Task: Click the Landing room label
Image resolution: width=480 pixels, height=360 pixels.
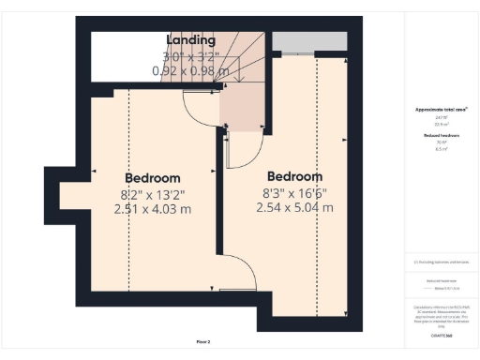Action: (x=190, y=40)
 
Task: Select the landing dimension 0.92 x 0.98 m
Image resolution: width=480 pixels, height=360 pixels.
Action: (x=190, y=70)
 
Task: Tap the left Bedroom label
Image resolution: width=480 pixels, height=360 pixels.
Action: (x=152, y=178)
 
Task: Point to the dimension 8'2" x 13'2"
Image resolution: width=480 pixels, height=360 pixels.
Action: (x=152, y=194)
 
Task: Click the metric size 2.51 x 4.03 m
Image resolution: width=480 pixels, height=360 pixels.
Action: (x=152, y=210)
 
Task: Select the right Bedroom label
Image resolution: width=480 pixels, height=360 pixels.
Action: (x=294, y=176)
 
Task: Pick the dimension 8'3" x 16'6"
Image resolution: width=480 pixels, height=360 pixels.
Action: (x=294, y=192)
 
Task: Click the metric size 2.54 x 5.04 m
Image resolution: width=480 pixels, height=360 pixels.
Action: (x=294, y=208)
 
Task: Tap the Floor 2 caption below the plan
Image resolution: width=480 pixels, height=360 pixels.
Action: (x=203, y=342)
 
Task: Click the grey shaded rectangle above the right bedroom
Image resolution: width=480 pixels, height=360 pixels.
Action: (x=308, y=42)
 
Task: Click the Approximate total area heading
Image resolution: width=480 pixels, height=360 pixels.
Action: (x=441, y=110)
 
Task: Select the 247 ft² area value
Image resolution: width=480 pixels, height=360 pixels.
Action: (x=440, y=117)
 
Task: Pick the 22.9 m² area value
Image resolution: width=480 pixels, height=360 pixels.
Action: (x=440, y=124)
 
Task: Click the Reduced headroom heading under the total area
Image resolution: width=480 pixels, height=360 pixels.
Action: (x=440, y=135)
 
